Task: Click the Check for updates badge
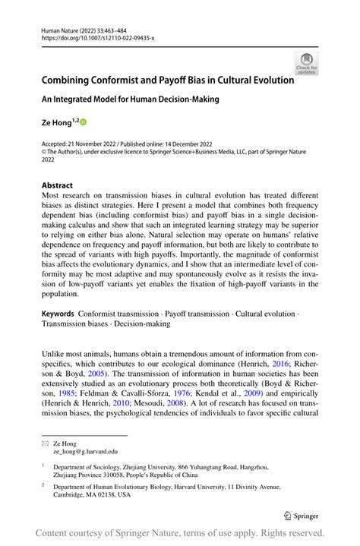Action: (x=307, y=62)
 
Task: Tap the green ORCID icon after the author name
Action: (x=84, y=122)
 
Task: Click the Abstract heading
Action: (x=58, y=185)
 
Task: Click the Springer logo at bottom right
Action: (x=302, y=515)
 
